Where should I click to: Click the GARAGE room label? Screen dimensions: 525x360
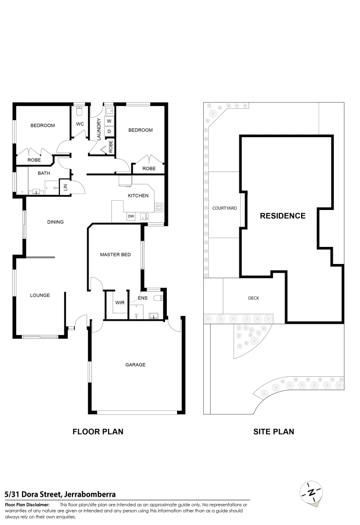135,365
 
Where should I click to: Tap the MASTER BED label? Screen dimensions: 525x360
115,254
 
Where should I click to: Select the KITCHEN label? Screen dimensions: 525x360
138,195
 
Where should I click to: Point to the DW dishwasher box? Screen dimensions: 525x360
130,216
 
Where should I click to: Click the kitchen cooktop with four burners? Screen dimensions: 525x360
159,207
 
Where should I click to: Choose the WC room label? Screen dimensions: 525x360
80,124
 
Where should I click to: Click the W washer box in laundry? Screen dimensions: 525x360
109,121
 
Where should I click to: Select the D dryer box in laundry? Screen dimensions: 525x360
109,131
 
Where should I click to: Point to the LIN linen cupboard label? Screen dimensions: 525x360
63,187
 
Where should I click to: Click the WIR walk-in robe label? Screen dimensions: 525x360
120,302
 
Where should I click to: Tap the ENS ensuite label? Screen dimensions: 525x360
143,298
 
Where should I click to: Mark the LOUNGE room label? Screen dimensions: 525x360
40,295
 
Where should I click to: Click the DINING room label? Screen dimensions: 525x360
55,222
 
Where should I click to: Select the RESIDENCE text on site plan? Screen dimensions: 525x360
282,216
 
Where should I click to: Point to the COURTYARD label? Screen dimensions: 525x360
224,208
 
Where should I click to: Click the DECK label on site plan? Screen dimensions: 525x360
253,298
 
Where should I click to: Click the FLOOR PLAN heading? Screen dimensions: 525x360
98,431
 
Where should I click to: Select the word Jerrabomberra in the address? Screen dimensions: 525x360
89,494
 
